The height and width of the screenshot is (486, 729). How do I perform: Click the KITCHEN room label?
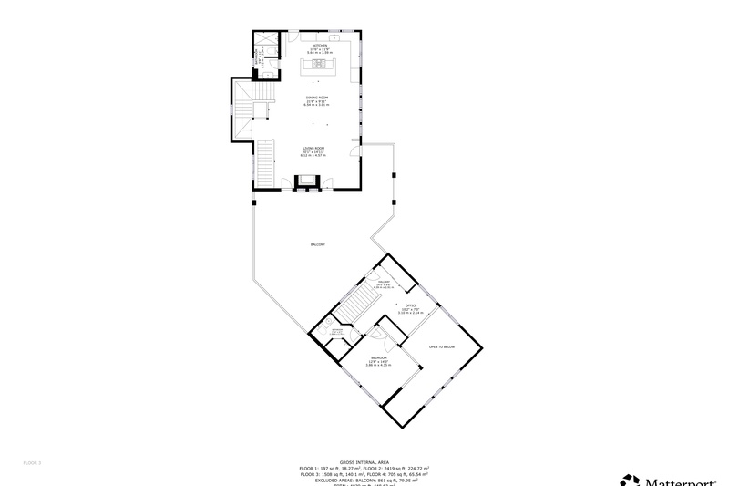point(319,45)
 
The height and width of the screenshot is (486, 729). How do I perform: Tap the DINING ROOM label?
point(316,97)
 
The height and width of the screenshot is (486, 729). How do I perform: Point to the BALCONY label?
point(318,244)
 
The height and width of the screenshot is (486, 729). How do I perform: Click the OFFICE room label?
point(410,305)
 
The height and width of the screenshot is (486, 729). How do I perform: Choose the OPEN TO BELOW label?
point(441,346)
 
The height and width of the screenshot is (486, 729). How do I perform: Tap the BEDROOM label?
point(379,357)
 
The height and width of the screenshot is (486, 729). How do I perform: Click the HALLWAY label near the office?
point(384,283)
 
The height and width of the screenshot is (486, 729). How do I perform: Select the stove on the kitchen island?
point(320,65)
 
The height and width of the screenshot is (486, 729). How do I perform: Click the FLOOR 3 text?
point(33,462)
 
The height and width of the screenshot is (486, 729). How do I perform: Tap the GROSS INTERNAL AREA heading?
point(364,462)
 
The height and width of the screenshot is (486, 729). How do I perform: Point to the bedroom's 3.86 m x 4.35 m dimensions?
point(379,366)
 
